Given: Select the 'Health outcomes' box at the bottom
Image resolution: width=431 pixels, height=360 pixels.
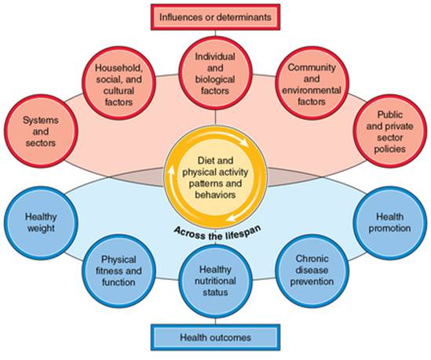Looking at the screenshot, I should point(215,339).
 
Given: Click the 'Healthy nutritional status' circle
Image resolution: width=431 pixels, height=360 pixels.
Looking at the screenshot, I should point(215,281).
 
